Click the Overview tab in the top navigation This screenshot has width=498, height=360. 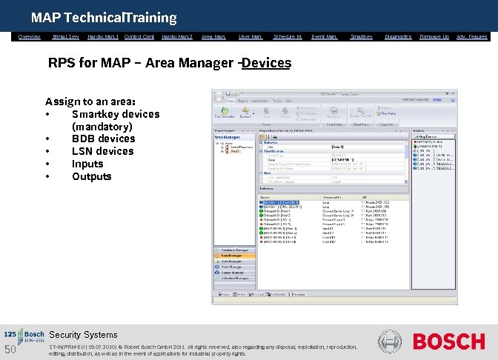click(30, 36)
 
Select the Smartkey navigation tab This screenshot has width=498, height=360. click(361, 36)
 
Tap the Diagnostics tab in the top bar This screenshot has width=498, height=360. click(398, 36)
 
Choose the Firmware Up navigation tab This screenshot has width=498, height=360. click(434, 36)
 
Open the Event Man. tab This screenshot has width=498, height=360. click(324, 36)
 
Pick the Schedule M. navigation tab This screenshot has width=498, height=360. click(288, 36)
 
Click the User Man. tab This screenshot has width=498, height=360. click(250, 36)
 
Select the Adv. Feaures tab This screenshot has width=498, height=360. click(472, 36)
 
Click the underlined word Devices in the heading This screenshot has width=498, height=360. click(266, 63)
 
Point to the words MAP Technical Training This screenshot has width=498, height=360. click(104, 17)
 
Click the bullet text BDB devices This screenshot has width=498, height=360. click(103, 139)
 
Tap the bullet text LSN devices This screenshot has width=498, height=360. click(102, 151)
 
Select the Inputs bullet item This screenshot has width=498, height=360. click(87, 164)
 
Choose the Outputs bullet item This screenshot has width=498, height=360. click(91, 176)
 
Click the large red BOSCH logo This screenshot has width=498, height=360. click(448, 341)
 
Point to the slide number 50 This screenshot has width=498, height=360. click(10, 350)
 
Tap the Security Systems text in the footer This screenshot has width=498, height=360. click(83, 335)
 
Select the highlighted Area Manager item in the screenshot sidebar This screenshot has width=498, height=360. click(234, 256)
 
